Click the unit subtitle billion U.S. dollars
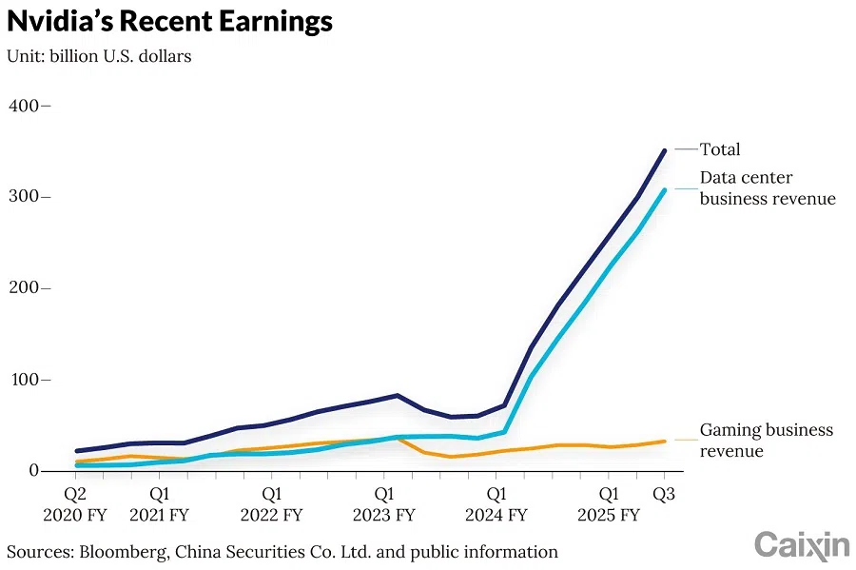pos(99,56)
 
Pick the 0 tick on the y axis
pos(34,471)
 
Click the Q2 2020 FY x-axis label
pos(75,504)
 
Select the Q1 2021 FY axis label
pos(160,504)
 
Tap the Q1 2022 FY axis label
pos(271,504)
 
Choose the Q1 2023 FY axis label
pos(383,504)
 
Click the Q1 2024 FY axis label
pos(496,504)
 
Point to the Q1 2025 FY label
pos(608,504)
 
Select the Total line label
pos(720,149)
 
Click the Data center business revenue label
pos(767,188)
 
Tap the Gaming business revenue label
pos(766,441)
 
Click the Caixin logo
pos(801,545)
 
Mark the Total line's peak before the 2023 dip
pos(397,395)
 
